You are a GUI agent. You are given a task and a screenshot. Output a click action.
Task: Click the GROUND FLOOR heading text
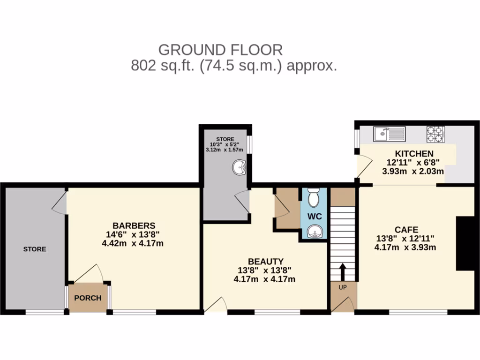[220, 50]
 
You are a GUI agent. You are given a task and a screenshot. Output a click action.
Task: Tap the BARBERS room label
[134, 225]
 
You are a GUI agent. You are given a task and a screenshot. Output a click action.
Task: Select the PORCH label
[88, 298]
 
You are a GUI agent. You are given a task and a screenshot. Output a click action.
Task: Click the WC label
[314, 217]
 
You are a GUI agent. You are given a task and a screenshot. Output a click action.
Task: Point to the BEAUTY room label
[265, 261]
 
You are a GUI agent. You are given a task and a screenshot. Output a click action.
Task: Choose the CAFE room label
[406, 230]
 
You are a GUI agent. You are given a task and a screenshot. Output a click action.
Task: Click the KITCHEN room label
[414, 154]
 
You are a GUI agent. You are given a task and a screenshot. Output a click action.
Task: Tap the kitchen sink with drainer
[390, 134]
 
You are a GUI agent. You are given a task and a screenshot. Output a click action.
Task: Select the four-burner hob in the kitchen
[435, 134]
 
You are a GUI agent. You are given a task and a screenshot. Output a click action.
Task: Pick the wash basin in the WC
[314, 231]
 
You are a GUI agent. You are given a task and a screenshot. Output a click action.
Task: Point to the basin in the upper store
[240, 167]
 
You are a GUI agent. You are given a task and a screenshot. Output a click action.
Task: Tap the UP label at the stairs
[342, 287]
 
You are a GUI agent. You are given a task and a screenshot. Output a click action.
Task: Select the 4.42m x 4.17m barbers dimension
[133, 243]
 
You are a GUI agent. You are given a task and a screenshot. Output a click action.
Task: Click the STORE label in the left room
[35, 249]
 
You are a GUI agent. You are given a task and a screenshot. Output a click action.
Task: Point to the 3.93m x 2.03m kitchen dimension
[413, 172]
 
